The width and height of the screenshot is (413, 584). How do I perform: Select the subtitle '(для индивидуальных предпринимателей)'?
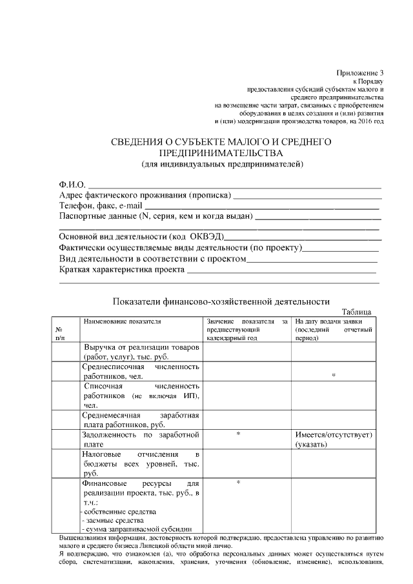click(x=222, y=164)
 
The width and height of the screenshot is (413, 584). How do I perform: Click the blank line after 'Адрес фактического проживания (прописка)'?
click(x=307, y=195)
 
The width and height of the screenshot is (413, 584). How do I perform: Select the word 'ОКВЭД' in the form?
click(x=206, y=236)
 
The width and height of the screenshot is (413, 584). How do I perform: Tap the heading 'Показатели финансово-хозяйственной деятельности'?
click(x=221, y=301)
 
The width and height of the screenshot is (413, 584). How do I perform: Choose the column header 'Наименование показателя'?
click(x=121, y=321)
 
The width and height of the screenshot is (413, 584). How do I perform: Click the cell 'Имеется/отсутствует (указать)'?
click(x=334, y=439)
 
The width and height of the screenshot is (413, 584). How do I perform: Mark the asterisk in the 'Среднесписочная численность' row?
click(x=334, y=375)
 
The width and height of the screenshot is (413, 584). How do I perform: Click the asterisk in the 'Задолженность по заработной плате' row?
click(x=238, y=434)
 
